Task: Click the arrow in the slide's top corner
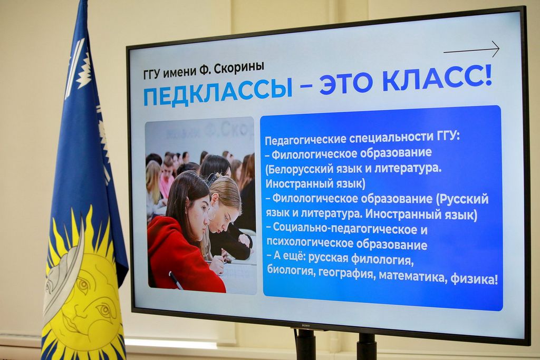point(471,50)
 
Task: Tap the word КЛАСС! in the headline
point(437,81)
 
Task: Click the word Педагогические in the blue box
point(305,139)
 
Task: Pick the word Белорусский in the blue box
point(303,169)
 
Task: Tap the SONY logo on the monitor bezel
point(305,325)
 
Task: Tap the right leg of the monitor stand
point(366,346)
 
